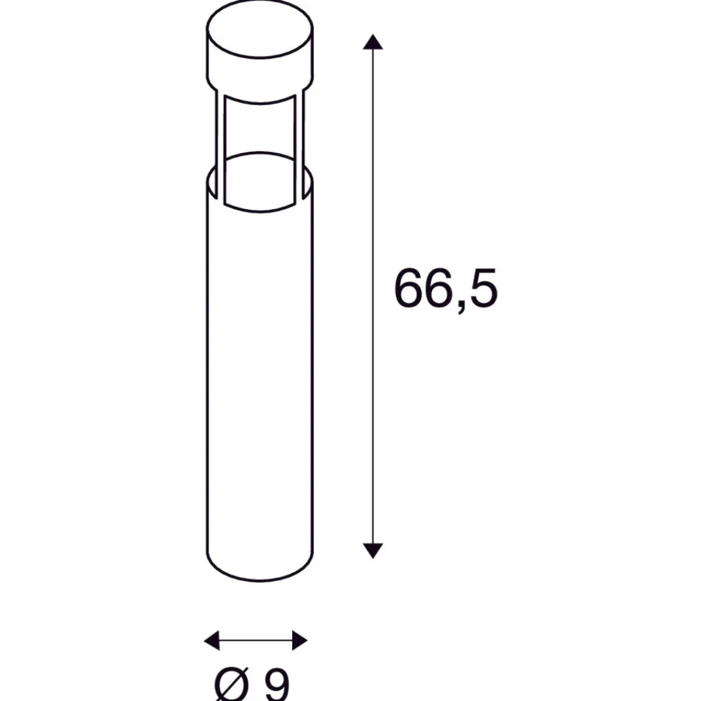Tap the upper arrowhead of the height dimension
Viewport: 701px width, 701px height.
373,42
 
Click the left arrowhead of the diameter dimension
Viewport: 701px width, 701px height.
211,640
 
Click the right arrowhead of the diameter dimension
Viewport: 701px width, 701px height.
300,640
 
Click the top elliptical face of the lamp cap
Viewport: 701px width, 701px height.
260,29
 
